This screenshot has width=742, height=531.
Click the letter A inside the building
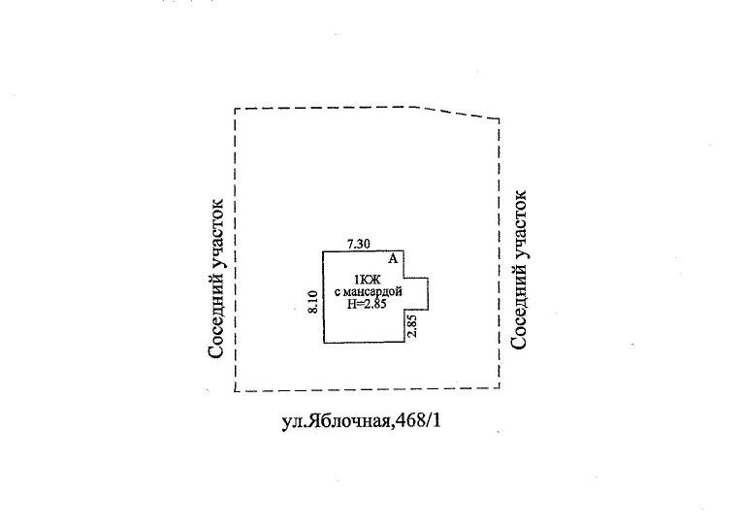point(393,259)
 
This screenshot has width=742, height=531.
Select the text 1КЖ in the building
point(368,282)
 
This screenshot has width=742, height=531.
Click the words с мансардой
point(368,292)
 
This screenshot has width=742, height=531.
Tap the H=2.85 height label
point(368,304)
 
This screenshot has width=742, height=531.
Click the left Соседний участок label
point(217,280)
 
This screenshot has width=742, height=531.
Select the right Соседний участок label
point(521,270)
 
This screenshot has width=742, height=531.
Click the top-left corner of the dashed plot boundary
point(236,110)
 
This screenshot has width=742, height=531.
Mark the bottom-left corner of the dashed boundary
point(236,391)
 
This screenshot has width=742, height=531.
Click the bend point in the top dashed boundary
point(420,106)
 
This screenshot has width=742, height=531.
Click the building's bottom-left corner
point(324,342)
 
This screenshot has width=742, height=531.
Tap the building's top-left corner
point(324,251)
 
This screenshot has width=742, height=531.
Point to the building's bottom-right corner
point(404,342)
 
